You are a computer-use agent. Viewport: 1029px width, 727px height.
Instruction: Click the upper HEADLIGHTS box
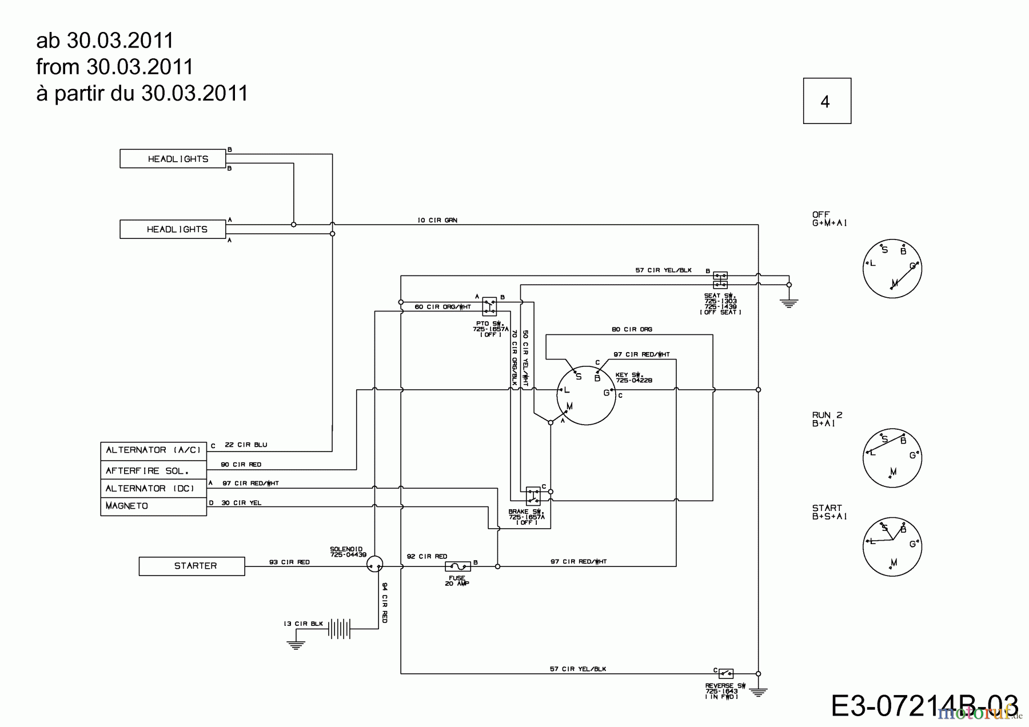click(173, 159)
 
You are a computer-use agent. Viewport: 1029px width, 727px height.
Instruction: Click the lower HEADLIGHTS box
click(173, 229)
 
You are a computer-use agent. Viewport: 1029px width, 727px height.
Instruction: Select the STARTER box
click(192, 566)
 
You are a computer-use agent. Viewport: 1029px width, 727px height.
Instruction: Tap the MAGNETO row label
click(153, 506)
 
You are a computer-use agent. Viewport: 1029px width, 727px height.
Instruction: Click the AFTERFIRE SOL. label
click(153, 471)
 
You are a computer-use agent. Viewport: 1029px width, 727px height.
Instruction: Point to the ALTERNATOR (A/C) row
click(153, 450)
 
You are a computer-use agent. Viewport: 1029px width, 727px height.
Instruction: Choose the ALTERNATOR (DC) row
click(153, 489)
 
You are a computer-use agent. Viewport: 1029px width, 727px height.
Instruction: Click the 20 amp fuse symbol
click(457, 566)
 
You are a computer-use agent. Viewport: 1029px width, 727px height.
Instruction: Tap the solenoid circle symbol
click(374, 565)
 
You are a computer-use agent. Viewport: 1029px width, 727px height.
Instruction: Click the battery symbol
click(338, 629)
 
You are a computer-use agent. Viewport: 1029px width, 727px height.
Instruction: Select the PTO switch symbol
click(489, 306)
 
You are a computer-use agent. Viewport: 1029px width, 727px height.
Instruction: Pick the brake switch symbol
click(533, 496)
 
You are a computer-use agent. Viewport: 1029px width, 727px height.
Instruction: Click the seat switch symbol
click(720, 280)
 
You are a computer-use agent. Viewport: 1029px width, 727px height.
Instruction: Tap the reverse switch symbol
click(725, 674)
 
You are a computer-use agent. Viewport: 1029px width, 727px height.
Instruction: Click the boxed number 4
click(827, 101)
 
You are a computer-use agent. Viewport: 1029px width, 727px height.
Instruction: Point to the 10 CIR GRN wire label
click(437, 220)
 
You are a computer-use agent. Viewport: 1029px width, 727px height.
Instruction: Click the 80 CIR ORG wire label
click(632, 329)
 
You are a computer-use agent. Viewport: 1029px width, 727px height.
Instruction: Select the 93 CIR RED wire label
click(289, 562)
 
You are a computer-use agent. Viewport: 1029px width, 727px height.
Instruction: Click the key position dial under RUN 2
click(892, 458)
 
